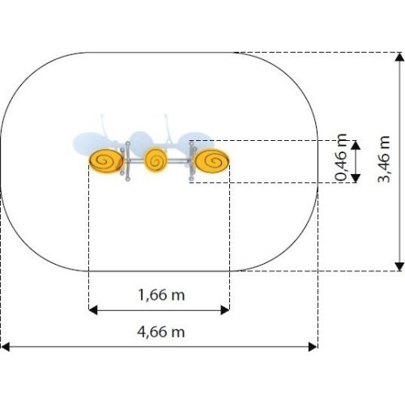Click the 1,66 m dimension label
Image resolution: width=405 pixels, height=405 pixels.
point(161,295)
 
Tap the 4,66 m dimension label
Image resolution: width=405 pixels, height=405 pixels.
point(161,331)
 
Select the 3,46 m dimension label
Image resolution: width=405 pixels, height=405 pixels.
point(384,159)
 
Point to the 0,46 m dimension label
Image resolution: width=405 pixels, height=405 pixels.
point(341,157)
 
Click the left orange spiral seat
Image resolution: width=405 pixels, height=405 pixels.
point(106,161)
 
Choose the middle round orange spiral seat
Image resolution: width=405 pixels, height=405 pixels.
point(156,160)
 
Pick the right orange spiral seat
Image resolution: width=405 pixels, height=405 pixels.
point(212,161)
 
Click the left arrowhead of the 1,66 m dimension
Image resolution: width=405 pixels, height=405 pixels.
point(93,310)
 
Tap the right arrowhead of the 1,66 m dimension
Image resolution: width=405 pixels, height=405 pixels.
point(225,310)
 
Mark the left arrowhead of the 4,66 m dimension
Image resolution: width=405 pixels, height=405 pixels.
point(6,347)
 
